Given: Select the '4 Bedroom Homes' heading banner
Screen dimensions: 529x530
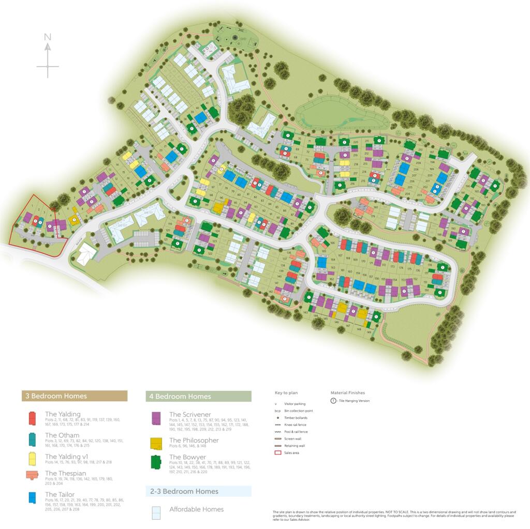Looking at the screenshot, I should tap(198, 397).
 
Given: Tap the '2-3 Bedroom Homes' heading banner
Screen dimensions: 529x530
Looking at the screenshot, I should tap(198, 491).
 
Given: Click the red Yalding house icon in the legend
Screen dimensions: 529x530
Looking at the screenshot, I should tap(32, 417).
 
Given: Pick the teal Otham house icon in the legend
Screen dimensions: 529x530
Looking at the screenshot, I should tap(33, 439).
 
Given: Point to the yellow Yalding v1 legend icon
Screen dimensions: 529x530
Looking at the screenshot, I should tap(32, 458).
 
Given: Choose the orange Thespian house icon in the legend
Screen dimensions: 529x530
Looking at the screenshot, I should tap(32, 476).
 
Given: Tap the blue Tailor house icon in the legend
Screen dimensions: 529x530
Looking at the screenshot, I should tap(33, 497).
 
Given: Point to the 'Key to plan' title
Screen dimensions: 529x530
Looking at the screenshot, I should tap(286, 393).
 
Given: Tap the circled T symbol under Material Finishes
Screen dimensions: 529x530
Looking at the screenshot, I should tap(333, 401).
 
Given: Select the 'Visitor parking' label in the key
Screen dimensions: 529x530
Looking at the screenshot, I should tap(295, 404).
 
